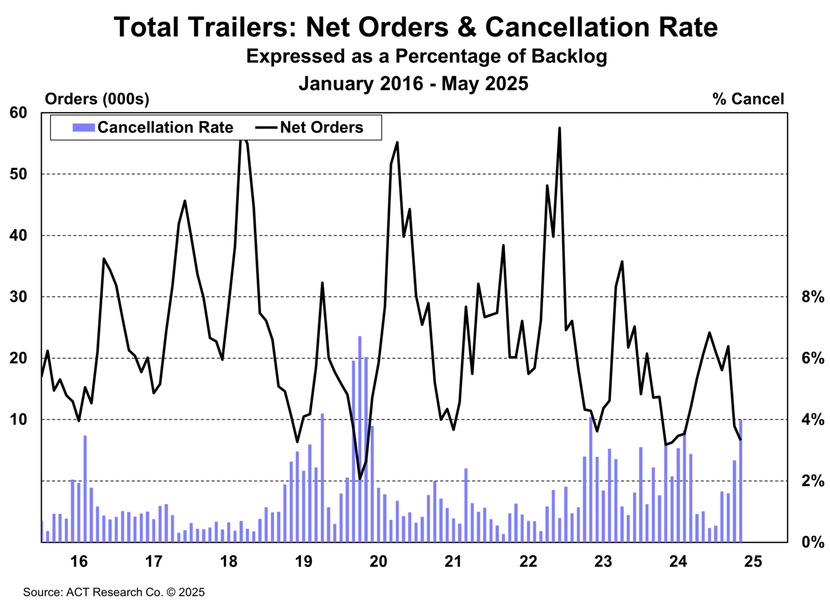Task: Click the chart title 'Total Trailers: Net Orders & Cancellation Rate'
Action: coord(415,27)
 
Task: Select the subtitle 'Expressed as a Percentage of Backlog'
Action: coord(426,56)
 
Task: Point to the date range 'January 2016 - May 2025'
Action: coord(413,84)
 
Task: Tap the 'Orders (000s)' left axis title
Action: coord(97,99)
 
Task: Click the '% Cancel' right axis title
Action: coord(748,99)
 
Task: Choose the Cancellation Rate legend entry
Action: coord(153,127)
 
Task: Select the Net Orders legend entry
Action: coord(310,127)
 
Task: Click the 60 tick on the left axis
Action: coord(18,113)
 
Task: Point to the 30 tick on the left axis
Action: coord(18,297)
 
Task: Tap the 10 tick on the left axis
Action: coord(18,420)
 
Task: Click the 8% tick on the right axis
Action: coord(813,297)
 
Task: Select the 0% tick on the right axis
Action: coord(813,542)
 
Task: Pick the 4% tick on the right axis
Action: coord(813,420)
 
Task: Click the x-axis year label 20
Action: coord(378,562)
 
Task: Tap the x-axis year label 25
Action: coord(753,562)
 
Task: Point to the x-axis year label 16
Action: coord(79,562)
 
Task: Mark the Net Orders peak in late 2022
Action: coord(559,128)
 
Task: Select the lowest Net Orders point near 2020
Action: coord(360,478)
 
